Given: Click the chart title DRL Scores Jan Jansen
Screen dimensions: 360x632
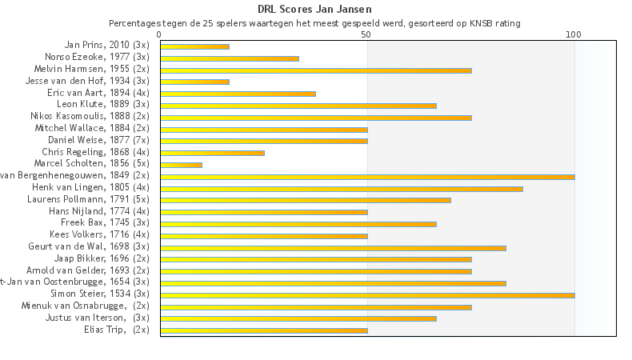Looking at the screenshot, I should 315,10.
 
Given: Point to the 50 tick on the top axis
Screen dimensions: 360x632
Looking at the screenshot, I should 366,34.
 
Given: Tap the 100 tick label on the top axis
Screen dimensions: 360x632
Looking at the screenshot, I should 574,34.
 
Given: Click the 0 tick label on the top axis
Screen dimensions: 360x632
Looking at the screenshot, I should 160,34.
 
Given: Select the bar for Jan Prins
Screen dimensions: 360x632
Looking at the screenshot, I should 194,46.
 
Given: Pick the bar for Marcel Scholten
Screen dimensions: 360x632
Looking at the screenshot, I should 181,165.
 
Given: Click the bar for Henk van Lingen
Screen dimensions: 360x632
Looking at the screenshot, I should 342,188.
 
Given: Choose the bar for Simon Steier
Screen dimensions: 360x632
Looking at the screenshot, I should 367,295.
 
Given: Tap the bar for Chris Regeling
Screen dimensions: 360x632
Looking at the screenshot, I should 212,153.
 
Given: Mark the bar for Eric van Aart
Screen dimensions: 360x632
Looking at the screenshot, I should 238,94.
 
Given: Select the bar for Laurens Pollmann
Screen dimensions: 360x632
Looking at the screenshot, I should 306,200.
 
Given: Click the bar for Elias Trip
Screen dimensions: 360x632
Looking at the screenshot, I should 264,330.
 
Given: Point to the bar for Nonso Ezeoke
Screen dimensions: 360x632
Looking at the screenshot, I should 230,58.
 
